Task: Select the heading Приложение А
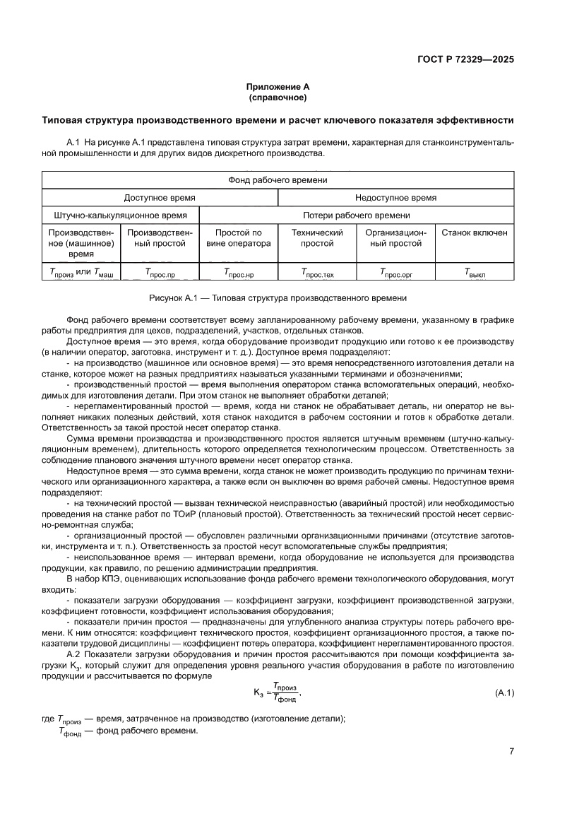[278, 87]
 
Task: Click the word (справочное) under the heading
[278, 97]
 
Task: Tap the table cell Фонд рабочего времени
[278, 180]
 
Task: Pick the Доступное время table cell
[160, 199]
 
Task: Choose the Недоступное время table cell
[395, 199]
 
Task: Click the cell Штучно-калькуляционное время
[121, 216]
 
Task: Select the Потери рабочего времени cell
[357, 216]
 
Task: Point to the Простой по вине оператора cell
[239, 238]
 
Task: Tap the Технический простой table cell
[317, 238]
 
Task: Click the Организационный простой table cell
[396, 238]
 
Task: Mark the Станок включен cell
[475, 232]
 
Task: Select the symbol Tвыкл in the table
[475, 271]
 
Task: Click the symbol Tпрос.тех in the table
[317, 271]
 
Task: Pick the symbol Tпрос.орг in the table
[396, 271]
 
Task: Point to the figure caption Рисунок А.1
[278, 298]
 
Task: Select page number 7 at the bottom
[511, 751]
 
